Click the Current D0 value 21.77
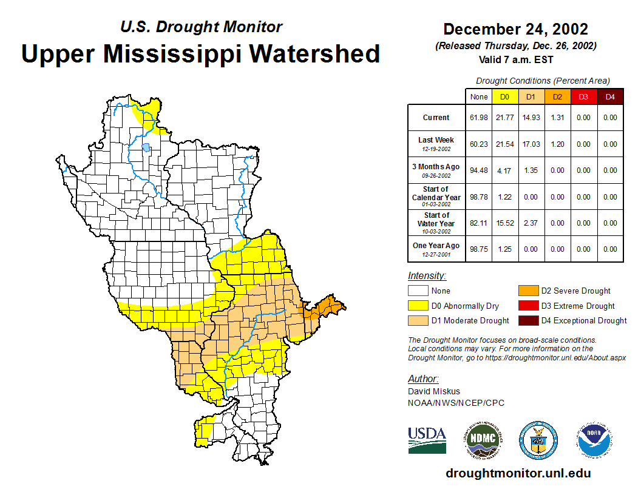[x=505, y=118]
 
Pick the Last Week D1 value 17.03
[x=532, y=144]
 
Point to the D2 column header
[x=558, y=96]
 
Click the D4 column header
[x=610, y=96]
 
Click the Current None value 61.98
[x=479, y=118]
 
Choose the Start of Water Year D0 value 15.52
[x=505, y=223]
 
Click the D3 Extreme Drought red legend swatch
[x=527, y=306]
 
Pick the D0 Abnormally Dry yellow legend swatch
[x=418, y=306]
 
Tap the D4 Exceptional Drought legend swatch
[x=527, y=320]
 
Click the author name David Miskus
[x=434, y=391]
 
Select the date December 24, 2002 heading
[x=515, y=29]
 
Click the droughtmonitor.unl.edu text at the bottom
[x=518, y=473]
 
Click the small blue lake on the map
[x=146, y=147]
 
